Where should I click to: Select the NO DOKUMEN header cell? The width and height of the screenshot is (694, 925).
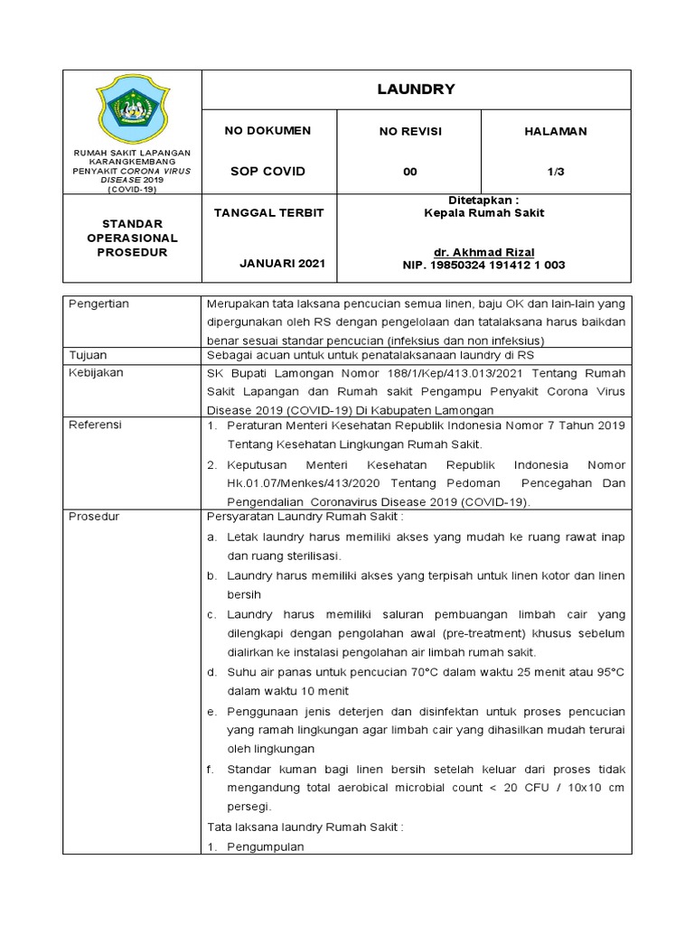click(267, 131)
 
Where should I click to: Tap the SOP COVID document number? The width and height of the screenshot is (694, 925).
click(267, 172)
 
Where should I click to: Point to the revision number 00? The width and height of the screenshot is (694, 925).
click(410, 172)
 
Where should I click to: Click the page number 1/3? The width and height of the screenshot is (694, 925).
click(556, 172)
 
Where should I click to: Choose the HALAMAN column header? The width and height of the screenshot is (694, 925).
click(556, 131)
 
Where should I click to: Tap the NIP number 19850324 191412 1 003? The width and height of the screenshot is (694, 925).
click(484, 265)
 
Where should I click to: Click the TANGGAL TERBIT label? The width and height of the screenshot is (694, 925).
click(267, 212)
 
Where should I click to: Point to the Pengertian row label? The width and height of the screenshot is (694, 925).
click(99, 304)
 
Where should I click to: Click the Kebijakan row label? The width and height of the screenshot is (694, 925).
click(95, 372)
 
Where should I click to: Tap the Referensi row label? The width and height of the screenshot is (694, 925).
click(96, 425)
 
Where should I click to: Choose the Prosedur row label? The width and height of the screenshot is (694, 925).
click(94, 517)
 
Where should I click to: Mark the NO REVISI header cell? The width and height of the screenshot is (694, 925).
click(410, 131)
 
